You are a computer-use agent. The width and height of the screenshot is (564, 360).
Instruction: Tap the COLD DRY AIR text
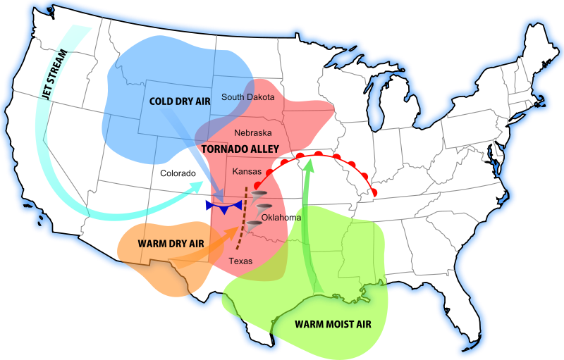180,101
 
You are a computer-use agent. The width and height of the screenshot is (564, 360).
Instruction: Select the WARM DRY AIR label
171,244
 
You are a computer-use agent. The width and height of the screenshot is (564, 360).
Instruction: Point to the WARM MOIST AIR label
331,325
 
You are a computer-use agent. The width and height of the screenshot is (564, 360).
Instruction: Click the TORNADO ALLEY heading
240,149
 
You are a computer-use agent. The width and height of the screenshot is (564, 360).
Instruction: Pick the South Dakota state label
248,97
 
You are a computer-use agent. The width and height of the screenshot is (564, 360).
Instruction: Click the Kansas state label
247,171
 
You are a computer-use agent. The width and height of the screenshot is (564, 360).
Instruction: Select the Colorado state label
178,173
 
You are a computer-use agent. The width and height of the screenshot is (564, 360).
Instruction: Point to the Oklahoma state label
281,217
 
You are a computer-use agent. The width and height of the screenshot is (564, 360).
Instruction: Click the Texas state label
240,261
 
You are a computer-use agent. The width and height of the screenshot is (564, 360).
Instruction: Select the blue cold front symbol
224,206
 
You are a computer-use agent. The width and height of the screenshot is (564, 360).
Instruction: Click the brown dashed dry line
242,218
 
